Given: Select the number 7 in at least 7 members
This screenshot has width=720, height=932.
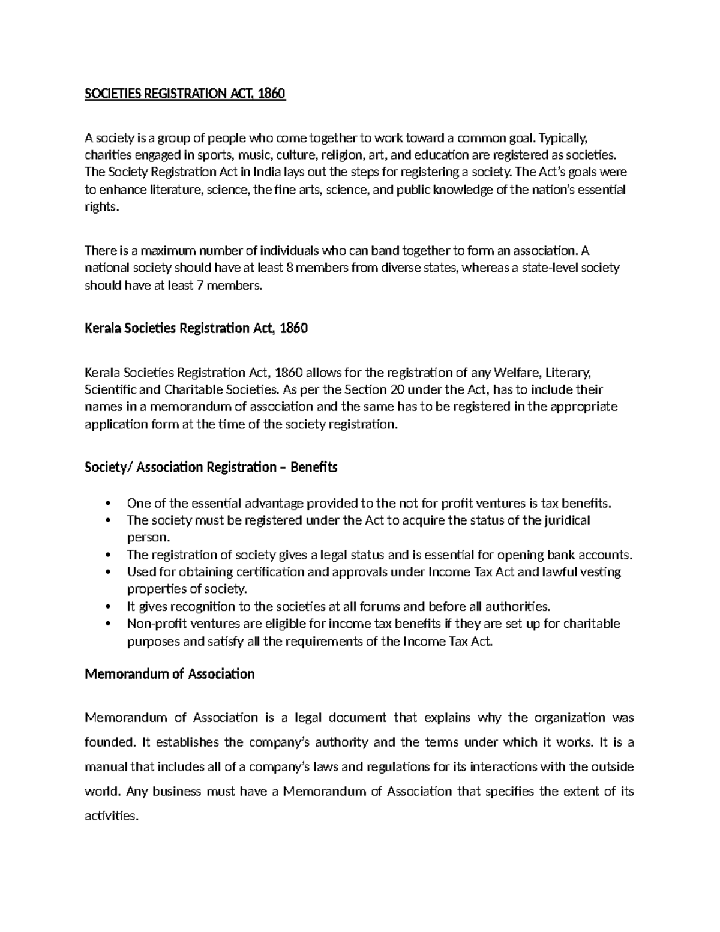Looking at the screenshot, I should click(x=199, y=286).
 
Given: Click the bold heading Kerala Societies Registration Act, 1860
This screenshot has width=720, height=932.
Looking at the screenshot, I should click(x=196, y=329).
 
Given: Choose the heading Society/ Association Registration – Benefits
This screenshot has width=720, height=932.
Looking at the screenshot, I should click(x=211, y=467).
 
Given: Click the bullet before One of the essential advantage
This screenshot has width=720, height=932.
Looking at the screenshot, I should click(x=108, y=503).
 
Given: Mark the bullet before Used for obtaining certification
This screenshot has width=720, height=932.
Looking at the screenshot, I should click(x=108, y=572).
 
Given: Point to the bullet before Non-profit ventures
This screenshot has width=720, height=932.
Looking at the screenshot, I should click(x=108, y=624).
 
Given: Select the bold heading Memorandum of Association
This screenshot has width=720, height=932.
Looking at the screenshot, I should click(x=170, y=674).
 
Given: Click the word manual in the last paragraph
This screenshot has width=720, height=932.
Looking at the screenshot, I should click(x=106, y=767).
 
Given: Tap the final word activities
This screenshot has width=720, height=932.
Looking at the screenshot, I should click(x=112, y=816).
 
